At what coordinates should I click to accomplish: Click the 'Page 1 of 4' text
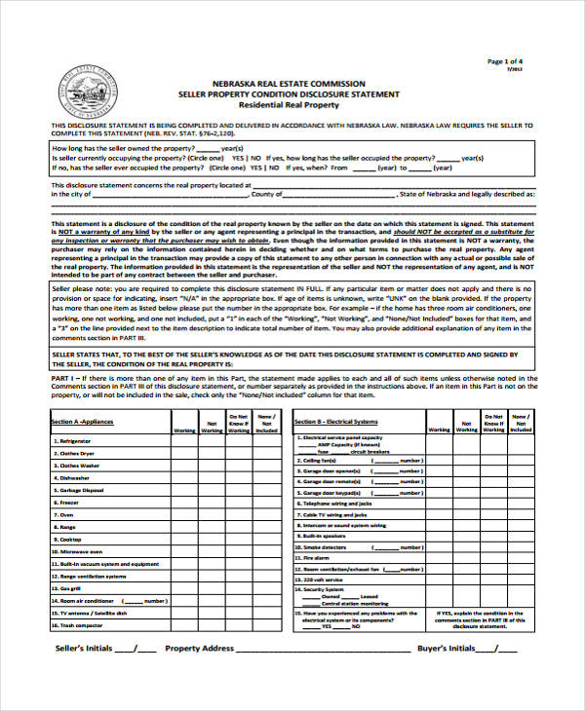pos(507,61)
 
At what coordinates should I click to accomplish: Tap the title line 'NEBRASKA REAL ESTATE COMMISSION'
pos(288,84)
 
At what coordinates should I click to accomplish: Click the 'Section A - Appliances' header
pos(82,422)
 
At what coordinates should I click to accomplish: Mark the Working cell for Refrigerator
pos(183,440)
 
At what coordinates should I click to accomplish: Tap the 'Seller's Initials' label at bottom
pos(82,674)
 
